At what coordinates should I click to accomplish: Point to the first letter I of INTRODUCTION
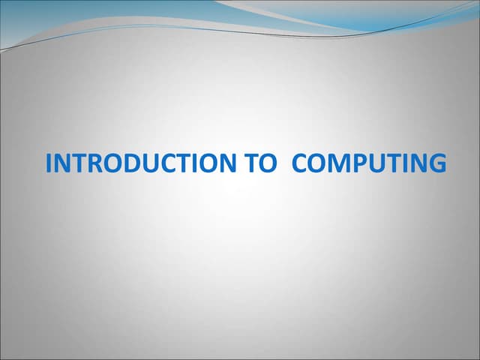[49, 163]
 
